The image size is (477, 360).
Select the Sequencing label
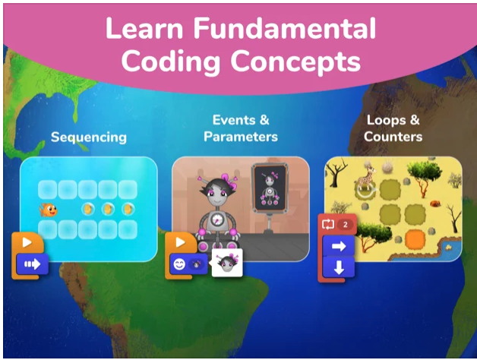[88, 137]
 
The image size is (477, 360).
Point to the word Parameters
[240, 137]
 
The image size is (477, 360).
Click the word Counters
[393, 137]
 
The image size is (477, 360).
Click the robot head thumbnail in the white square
[226, 264]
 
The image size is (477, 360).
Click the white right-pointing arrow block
[339, 246]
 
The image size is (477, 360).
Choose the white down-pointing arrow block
[339, 267]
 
